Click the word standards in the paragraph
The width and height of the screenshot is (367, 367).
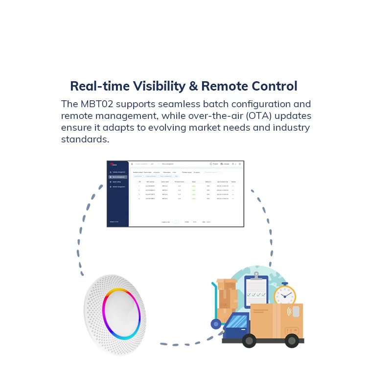pos(84,139)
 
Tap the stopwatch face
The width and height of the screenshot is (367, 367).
pos(285,296)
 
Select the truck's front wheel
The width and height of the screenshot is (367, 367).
pos(250,340)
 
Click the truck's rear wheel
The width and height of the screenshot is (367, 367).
pos(292,340)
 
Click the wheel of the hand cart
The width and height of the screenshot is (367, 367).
pos(216,323)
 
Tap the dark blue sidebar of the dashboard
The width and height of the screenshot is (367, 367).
pos(117,206)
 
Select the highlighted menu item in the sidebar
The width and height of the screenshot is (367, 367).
pos(118,177)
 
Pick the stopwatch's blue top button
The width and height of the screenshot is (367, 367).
pos(285,283)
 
